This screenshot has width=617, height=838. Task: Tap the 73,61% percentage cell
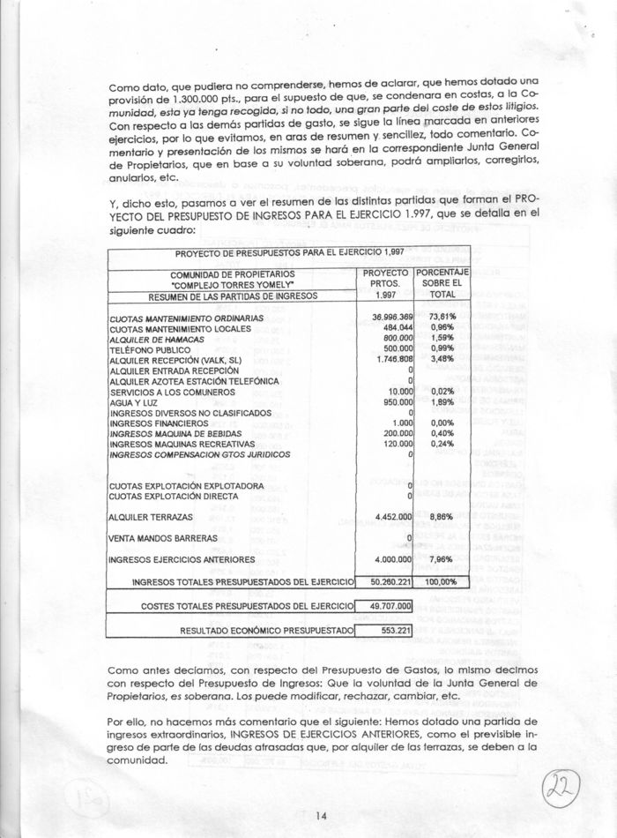(442, 317)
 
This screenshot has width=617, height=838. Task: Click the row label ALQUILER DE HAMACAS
(157, 339)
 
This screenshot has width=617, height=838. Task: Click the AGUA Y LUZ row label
(133, 402)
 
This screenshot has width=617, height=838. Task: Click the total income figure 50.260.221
(385, 583)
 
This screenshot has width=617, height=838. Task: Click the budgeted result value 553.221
(391, 631)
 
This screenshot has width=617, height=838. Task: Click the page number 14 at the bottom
(322, 815)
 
